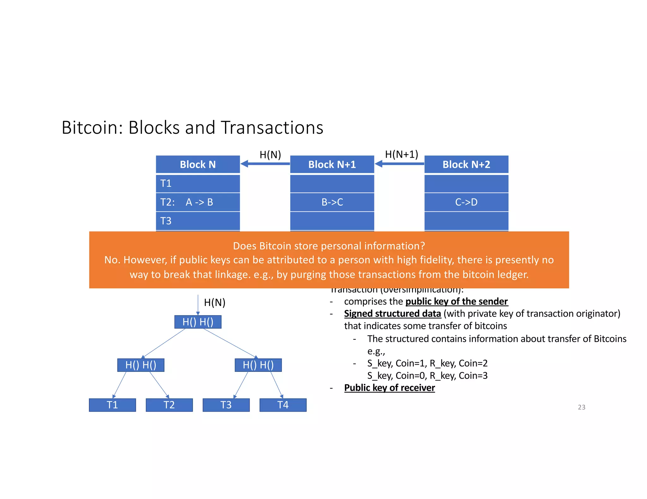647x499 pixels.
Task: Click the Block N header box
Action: [x=198, y=164]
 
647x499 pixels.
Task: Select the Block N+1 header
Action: [x=332, y=164]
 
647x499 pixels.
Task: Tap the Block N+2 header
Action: [x=466, y=164]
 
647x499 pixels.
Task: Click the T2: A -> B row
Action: [x=198, y=202]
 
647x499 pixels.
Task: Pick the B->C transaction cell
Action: [x=332, y=202]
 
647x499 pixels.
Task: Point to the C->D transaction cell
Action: [x=466, y=202]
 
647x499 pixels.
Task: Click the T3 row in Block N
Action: [x=198, y=221]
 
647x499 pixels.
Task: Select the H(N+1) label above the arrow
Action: [x=401, y=154]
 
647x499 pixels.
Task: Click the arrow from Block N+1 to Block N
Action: [x=265, y=164]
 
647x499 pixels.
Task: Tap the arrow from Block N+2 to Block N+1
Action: [x=399, y=164]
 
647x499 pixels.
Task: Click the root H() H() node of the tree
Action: [x=198, y=322]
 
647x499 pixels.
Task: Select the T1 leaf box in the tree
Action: [x=112, y=405]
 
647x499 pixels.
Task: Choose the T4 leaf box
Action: [x=283, y=405]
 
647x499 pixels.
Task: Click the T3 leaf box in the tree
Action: [x=226, y=405]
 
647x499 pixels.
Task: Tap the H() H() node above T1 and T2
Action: [x=141, y=365]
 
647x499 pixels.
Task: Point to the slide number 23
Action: [x=581, y=407]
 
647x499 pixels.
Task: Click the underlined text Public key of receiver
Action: [x=389, y=388]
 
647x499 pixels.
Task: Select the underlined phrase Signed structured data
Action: [x=392, y=314]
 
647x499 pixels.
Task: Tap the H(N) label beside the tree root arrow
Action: [x=215, y=302]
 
